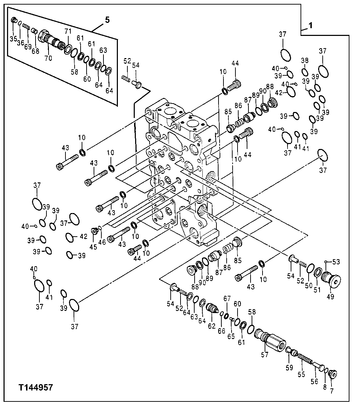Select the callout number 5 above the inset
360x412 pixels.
(x=107, y=20)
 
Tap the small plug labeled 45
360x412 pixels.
(x=94, y=231)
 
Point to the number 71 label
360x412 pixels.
(x=68, y=32)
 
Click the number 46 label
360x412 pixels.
(x=102, y=242)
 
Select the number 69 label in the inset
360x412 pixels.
(x=27, y=46)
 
